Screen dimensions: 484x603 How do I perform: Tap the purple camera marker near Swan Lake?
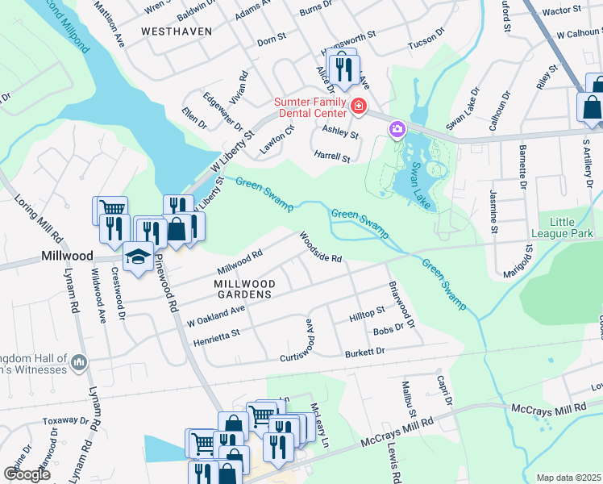coord(396,128)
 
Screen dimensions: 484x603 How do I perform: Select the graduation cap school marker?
coord(139,257)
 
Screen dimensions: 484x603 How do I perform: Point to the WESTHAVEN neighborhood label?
coord(176,31)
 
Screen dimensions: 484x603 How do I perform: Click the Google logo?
coord(27,474)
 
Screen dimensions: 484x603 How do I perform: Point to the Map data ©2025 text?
coord(568,478)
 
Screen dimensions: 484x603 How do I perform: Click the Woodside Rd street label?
coord(321,248)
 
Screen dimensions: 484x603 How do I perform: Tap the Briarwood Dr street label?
coord(401,305)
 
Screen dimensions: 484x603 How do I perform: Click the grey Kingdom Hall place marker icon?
coord(79,363)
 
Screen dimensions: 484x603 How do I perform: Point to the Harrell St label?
coord(331,157)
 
